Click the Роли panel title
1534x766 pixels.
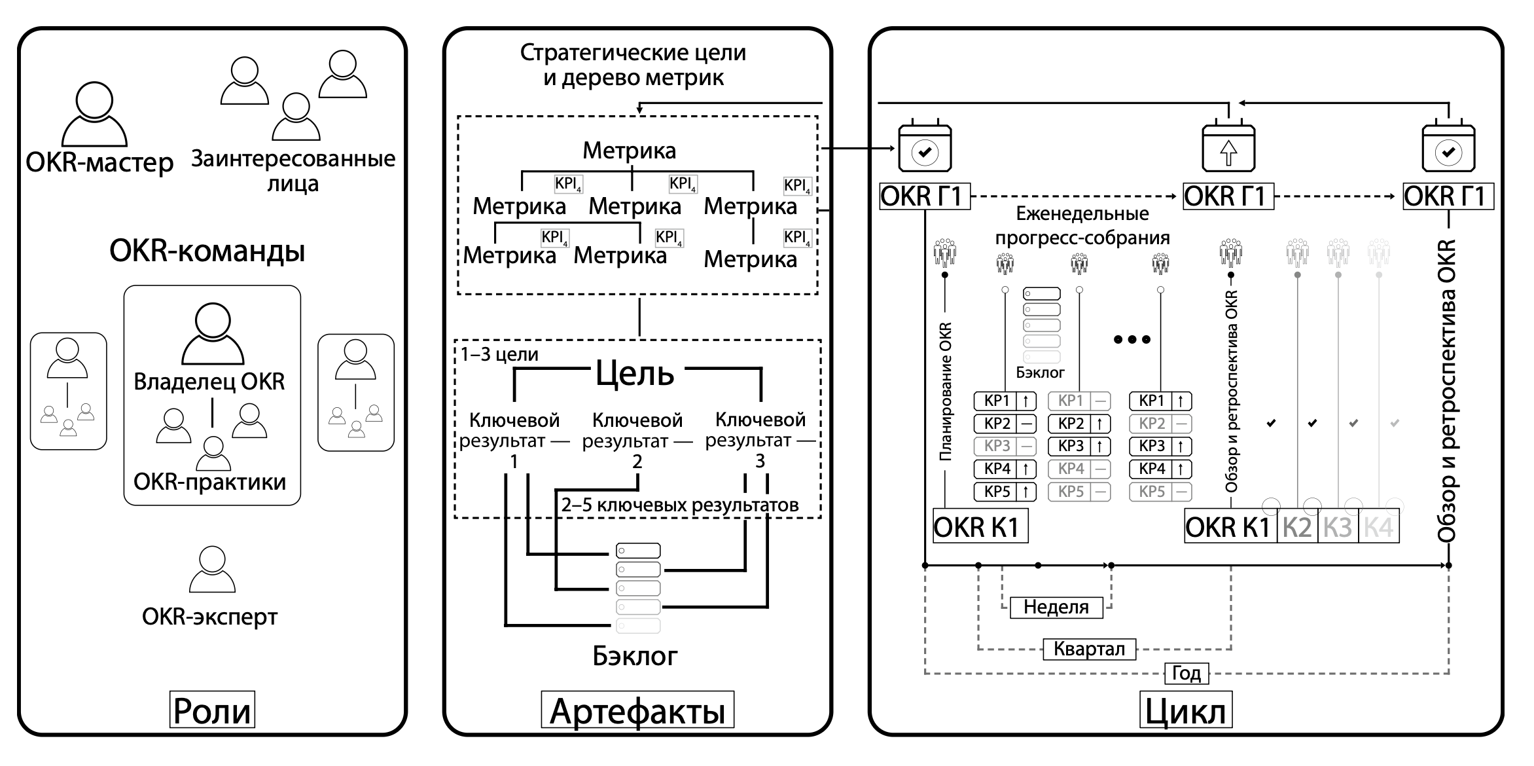[x=212, y=710]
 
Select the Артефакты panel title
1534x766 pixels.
[x=637, y=710]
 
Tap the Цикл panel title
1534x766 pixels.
[x=1185, y=710]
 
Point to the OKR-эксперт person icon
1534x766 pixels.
[x=211, y=570]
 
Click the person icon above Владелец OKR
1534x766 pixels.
[x=213, y=333]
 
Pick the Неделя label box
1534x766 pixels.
[x=1056, y=607]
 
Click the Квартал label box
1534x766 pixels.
[x=1089, y=649]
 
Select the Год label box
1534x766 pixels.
[x=1186, y=673]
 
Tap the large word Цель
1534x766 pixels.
[x=634, y=373]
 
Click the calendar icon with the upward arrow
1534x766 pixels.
[x=1228, y=148]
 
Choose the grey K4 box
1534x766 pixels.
[x=1378, y=527]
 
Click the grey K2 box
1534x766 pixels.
[x=1297, y=527]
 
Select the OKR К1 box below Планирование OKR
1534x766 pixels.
[x=980, y=527]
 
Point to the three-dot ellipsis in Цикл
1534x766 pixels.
[x=1132, y=339]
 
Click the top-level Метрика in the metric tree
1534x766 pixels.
[x=629, y=151]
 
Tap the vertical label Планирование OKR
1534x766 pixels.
[x=945, y=392]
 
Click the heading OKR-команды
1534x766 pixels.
[x=207, y=251]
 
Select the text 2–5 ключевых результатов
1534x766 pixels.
[x=679, y=505]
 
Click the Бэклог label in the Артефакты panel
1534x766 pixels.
[x=635, y=655]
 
